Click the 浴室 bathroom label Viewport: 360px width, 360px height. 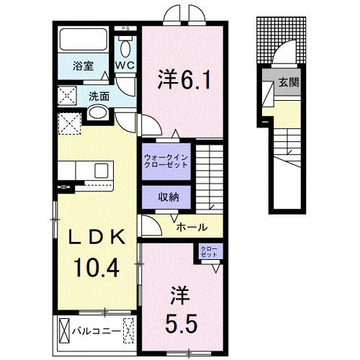83,66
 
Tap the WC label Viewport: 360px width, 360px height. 126,66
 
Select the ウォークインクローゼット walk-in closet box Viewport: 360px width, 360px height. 165,159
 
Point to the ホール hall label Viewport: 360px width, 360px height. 192,226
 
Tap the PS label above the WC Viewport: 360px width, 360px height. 127,29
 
